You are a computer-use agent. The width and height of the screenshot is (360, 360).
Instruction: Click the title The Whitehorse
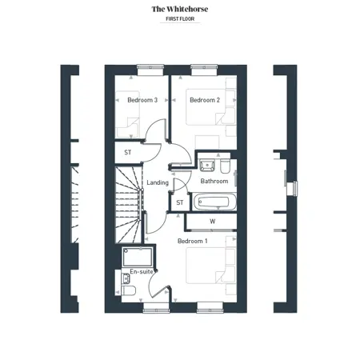180,9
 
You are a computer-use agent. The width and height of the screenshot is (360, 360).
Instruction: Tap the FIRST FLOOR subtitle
180,19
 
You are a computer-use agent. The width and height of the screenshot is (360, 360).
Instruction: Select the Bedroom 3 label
142,100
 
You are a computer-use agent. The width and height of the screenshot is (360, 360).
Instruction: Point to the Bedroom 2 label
205,100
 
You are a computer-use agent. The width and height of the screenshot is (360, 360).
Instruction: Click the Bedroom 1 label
193,241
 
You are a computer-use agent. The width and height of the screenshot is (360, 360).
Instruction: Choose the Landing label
158,182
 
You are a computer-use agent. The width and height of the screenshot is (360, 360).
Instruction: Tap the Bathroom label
214,181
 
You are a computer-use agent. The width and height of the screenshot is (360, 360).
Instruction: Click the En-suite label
142,271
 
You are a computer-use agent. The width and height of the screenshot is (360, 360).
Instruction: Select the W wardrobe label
213,222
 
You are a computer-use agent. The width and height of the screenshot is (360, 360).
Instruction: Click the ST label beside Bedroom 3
128,152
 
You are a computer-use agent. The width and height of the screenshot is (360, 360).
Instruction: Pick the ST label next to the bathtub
180,202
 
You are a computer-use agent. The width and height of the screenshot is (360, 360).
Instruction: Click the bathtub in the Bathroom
214,202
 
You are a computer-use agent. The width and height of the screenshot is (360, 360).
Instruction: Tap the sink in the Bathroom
207,165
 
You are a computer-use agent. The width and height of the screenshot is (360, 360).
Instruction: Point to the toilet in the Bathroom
226,166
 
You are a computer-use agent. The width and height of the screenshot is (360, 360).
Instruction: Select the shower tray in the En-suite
138,257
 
